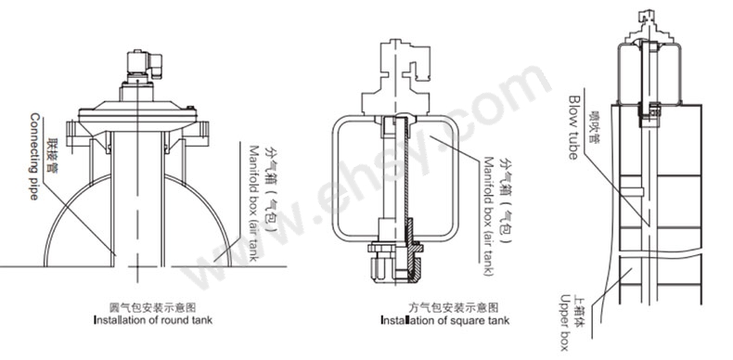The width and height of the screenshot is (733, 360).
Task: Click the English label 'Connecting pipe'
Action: click(34, 156)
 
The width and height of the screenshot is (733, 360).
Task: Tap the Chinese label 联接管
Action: click(52, 156)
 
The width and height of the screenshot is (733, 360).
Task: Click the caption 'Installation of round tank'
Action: click(153, 320)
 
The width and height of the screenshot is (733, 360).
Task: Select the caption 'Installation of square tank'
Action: click(444, 320)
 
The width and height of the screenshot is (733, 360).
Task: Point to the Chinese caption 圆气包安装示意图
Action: click(152, 308)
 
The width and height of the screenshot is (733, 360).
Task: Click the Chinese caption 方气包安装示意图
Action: click(454, 308)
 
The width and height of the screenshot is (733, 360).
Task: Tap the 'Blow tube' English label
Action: click(573, 128)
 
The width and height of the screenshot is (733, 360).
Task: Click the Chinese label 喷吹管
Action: click(595, 127)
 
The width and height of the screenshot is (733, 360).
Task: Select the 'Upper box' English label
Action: click(565, 323)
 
